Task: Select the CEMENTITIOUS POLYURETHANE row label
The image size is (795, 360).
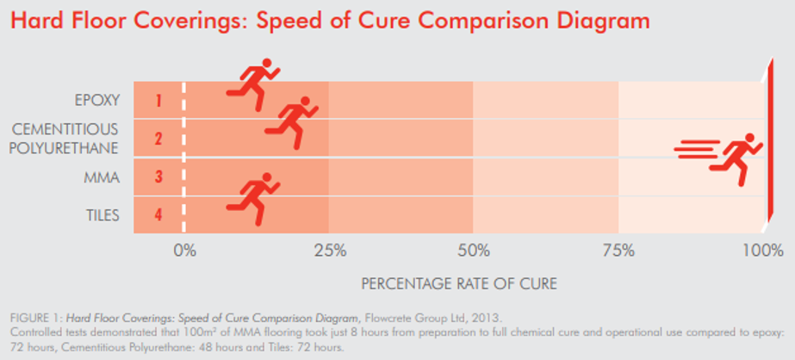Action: tap(65, 139)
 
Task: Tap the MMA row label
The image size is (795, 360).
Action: tap(102, 177)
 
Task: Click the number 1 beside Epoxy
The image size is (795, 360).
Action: tap(158, 101)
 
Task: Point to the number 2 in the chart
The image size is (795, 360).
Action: tap(158, 139)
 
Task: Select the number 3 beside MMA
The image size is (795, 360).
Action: tap(158, 177)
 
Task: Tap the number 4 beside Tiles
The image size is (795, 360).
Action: tap(158, 215)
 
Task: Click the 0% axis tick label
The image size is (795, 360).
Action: tap(184, 251)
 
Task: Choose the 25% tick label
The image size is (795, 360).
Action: tap(330, 251)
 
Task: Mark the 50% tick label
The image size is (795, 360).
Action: tap(474, 251)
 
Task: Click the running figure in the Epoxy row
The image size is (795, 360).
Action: tap(252, 84)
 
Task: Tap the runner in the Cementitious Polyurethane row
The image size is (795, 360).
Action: tap(291, 122)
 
